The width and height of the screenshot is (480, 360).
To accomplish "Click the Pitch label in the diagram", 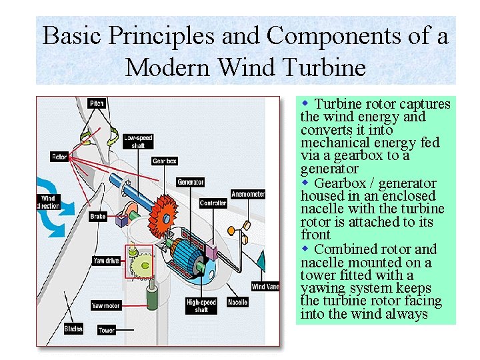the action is pos(97,103).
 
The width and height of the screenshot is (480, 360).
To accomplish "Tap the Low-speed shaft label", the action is pos(138,141).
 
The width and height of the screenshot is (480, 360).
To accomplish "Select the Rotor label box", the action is pos(59,157).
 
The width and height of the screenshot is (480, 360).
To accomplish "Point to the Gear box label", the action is pos(164,161).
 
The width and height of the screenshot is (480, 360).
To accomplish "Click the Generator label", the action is pos(190,182).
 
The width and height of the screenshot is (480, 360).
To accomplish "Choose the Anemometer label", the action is pos(248,195).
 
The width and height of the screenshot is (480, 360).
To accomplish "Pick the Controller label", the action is pos(213,203).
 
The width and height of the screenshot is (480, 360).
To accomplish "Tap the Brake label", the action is pos(97,217).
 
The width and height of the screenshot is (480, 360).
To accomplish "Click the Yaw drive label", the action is pos(106,261).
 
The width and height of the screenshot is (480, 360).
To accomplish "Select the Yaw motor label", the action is pos(106,305).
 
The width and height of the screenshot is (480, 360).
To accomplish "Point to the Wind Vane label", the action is pos(265,287).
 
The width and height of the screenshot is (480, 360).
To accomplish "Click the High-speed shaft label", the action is pos(201,306).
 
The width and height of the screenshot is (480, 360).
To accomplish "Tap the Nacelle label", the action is pos(237,303).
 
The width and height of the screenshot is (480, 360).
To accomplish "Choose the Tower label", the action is pos(107,330).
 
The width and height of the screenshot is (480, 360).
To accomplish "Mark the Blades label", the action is pos(73,329).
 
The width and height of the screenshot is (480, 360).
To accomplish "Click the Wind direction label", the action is pos(48,203).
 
